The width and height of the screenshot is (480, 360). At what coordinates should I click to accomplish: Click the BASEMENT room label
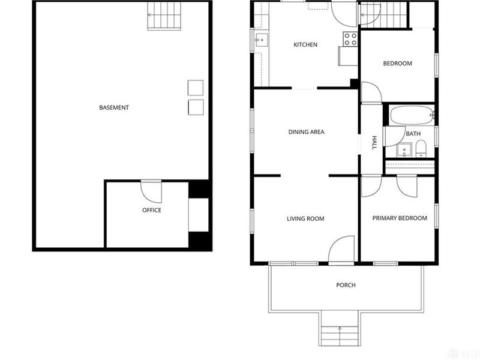point(114,108)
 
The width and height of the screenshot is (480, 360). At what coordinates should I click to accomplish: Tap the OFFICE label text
point(151,210)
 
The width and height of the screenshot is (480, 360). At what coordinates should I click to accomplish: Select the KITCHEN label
point(305,45)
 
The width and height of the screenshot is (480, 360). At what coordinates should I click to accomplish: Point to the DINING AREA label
point(306,132)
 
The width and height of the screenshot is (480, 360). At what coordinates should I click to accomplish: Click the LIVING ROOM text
point(305,219)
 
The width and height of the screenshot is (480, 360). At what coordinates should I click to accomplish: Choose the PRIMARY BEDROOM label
point(400,218)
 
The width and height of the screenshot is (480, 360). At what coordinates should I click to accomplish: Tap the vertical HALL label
point(374,143)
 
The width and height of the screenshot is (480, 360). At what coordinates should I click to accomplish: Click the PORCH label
point(346,285)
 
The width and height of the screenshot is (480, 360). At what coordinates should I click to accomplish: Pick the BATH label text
point(413,134)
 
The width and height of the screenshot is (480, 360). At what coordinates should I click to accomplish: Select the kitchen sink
point(260,41)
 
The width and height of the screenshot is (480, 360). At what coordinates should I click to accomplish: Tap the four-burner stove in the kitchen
point(350,38)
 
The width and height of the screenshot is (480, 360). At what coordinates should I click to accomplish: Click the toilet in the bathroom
point(420,148)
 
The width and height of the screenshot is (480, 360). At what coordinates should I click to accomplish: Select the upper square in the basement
point(196,88)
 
